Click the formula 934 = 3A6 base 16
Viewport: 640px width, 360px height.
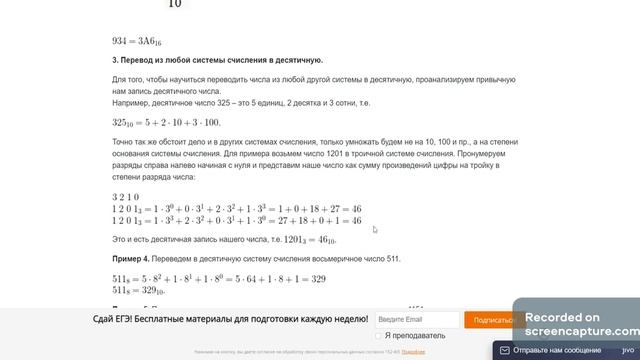(x=140, y=41)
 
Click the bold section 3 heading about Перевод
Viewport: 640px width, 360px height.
(x=218, y=60)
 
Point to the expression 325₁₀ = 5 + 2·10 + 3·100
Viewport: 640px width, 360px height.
(x=165, y=122)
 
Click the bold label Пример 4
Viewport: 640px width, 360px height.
(x=130, y=259)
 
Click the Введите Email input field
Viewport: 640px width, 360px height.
(x=417, y=320)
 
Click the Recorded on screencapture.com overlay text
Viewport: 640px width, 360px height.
(x=580, y=323)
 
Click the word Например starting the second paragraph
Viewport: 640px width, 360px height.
(x=131, y=102)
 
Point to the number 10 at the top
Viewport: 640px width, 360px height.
(x=174, y=5)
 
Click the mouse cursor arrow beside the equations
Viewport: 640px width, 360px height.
(x=374, y=229)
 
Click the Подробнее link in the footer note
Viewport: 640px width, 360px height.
(x=400, y=352)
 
